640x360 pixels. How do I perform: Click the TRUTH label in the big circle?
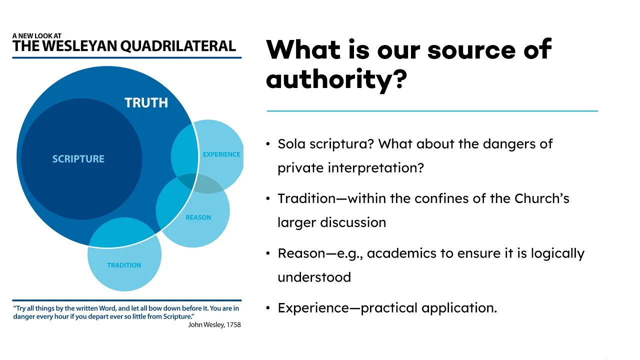pos(146,103)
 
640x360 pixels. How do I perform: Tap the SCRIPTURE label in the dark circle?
pos(78,159)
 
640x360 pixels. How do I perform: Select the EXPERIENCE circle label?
pos(221,154)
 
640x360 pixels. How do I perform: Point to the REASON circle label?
pos(198,217)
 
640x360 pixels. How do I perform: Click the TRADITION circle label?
pos(124,265)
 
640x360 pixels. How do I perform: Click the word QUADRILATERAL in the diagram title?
pos(178,46)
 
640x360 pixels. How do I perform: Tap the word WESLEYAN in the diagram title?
pos(79,46)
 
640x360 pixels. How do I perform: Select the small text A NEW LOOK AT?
pos(37,36)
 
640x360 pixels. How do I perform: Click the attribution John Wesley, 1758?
pos(214,325)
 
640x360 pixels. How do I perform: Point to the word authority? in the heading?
pos(336,79)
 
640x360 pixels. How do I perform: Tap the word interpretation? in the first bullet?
pos(375,167)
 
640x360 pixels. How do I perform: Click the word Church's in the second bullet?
pos(541,198)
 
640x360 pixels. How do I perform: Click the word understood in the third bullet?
pos(314,277)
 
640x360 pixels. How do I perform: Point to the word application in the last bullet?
pos(459,308)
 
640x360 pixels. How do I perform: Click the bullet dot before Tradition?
pos(267,198)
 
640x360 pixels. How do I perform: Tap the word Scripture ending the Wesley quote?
pos(178,316)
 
